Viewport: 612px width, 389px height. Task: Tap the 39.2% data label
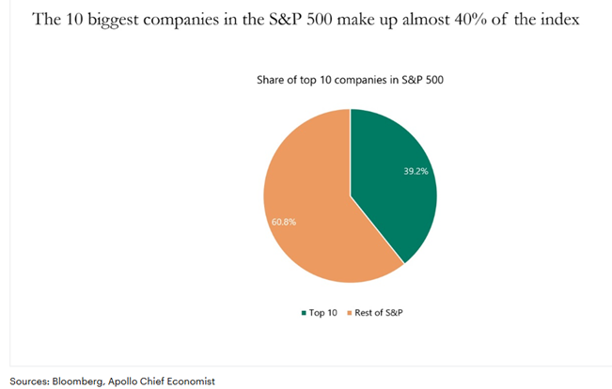coord(402,172)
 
